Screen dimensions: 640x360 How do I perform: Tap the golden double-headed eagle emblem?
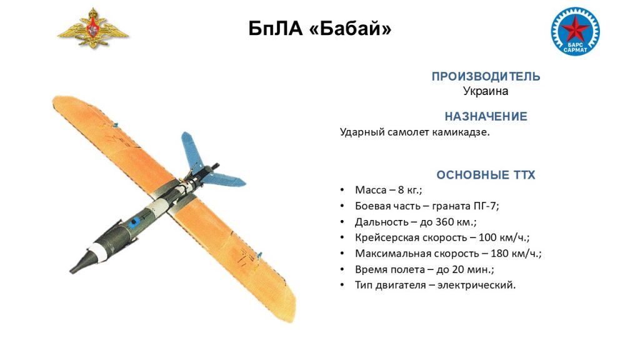[x=93, y=28]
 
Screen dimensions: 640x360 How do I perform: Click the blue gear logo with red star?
[x=575, y=31]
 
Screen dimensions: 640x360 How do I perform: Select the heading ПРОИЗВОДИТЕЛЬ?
[x=486, y=76]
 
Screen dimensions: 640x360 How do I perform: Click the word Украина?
[x=485, y=91]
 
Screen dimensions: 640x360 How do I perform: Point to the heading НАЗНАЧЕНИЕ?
[x=486, y=116]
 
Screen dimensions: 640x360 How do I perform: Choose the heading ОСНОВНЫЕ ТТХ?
[x=486, y=175]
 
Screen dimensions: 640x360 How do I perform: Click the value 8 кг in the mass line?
[x=409, y=190]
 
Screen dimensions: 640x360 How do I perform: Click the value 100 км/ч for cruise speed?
[x=504, y=237]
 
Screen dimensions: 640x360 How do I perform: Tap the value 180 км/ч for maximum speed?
[x=516, y=254]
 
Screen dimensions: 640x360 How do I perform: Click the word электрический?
[x=476, y=285]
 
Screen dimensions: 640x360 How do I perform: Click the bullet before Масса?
[x=342, y=190]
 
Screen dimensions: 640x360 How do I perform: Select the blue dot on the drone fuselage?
[x=134, y=222]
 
